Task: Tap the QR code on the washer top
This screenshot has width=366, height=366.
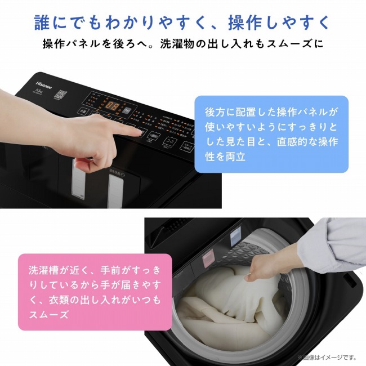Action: point(61,95)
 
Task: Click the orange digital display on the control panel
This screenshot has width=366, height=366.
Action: point(113,105)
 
